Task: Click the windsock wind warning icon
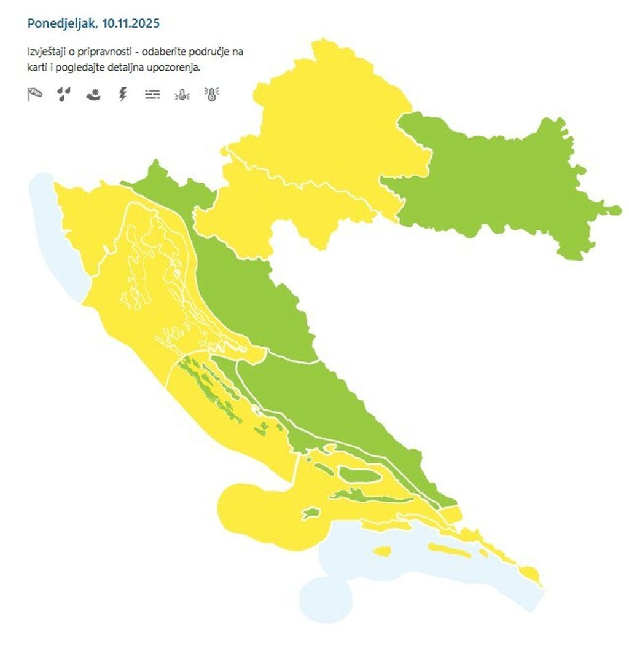(35, 94)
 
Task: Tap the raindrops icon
(64, 94)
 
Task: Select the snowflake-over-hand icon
(93, 94)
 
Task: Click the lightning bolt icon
(123, 94)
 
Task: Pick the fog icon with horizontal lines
(152, 94)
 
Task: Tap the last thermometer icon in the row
(212, 94)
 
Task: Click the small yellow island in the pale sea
(381, 551)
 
